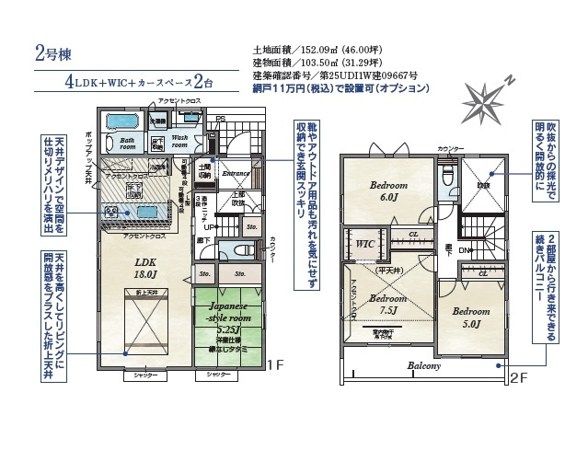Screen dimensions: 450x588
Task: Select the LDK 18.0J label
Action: pos(144,266)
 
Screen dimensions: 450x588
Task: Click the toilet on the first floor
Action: pos(240,249)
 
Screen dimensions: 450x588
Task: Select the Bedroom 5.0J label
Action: pos(468,317)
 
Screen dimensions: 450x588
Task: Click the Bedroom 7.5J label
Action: pos(387,305)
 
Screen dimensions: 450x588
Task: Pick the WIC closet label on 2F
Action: pos(363,244)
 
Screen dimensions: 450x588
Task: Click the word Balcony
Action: pos(424,365)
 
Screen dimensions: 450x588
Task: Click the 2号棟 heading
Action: pos(48,52)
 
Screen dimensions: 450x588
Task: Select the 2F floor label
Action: pos(518,376)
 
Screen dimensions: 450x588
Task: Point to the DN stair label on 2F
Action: pos(465,249)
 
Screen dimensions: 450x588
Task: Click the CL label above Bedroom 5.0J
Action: pos(482,273)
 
